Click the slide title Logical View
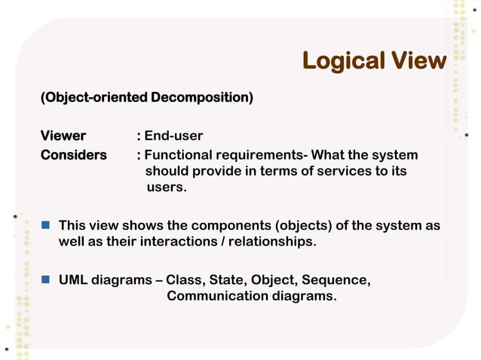coord(374,61)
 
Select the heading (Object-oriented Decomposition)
coord(147,98)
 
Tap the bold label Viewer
coord(63,136)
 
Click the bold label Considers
coord(74,154)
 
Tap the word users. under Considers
coord(166,188)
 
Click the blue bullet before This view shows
coord(45,224)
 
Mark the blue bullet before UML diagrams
coord(45,279)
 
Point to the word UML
coord(73,280)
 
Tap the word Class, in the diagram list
coord(185,280)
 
